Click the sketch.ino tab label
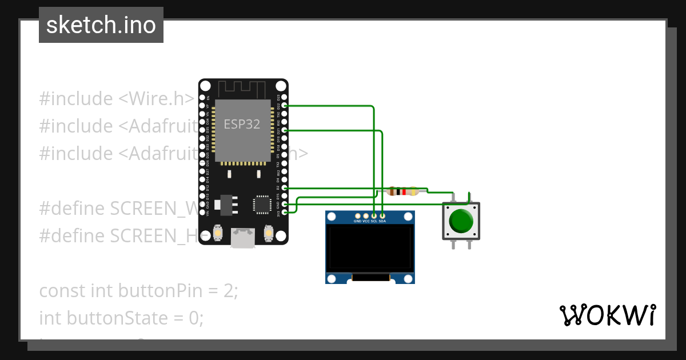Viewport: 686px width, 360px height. (x=101, y=25)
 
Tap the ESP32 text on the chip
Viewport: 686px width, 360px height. (x=242, y=125)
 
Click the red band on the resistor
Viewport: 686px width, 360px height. (x=404, y=191)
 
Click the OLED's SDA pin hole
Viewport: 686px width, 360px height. (x=382, y=215)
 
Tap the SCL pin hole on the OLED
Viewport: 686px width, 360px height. (x=374, y=215)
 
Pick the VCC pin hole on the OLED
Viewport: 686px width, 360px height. (x=366, y=215)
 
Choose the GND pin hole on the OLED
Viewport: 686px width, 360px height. (x=357, y=215)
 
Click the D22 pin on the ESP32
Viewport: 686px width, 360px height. (x=284, y=106)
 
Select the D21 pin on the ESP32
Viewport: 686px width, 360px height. (x=284, y=131)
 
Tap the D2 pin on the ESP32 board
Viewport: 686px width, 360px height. (x=284, y=188)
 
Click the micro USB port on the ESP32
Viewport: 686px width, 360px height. (x=243, y=238)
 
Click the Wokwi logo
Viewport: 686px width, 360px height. (x=608, y=315)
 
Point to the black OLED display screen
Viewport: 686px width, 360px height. (x=370, y=247)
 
